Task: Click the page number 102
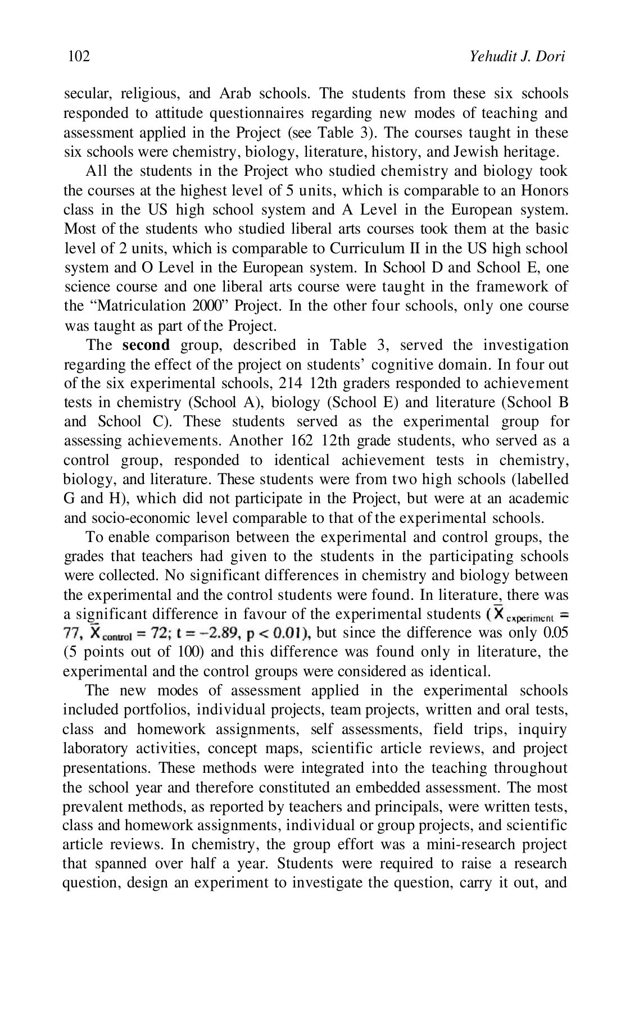(79, 56)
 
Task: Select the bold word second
(146, 345)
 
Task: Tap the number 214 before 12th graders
(292, 384)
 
